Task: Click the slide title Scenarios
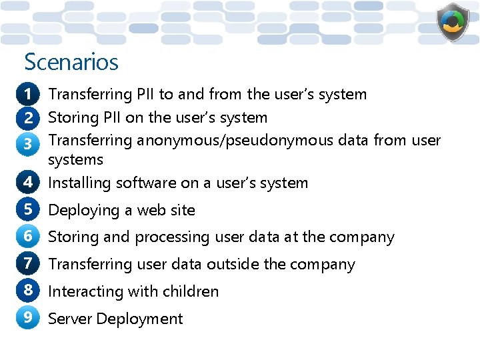pyautogui.click(x=71, y=62)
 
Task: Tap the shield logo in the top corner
pyautogui.click(x=453, y=23)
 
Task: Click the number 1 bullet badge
pyautogui.click(x=28, y=95)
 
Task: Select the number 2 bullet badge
pyautogui.click(x=28, y=118)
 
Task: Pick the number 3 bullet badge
pyautogui.click(x=28, y=142)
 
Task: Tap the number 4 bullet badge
pyautogui.click(x=28, y=182)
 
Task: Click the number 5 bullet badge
pyautogui.click(x=28, y=209)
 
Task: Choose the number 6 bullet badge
pyautogui.click(x=28, y=236)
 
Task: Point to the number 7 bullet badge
pyautogui.click(x=28, y=263)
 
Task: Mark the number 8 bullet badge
pyautogui.click(x=28, y=291)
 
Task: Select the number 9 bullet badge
pyautogui.click(x=28, y=318)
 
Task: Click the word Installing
pyautogui.click(x=80, y=183)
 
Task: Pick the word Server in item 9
pyautogui.click(x=70, y=319)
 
